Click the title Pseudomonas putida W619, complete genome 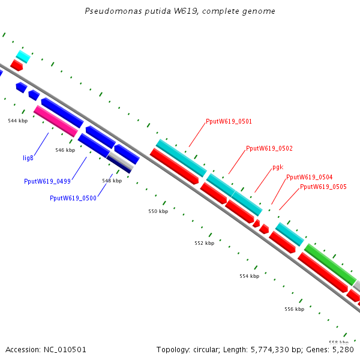180,11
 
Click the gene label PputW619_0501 229,121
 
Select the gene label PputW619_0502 269,148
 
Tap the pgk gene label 277,167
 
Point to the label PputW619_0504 309,177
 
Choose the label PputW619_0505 323,187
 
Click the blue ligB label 28,158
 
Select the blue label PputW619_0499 47,181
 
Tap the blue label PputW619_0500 73,198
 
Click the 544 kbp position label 17,121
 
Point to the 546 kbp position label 65,150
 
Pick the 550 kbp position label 158,211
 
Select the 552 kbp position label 204,244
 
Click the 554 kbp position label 249,276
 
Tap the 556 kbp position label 294,309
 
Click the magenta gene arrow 56,120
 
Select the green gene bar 330,264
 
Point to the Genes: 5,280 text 337,349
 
